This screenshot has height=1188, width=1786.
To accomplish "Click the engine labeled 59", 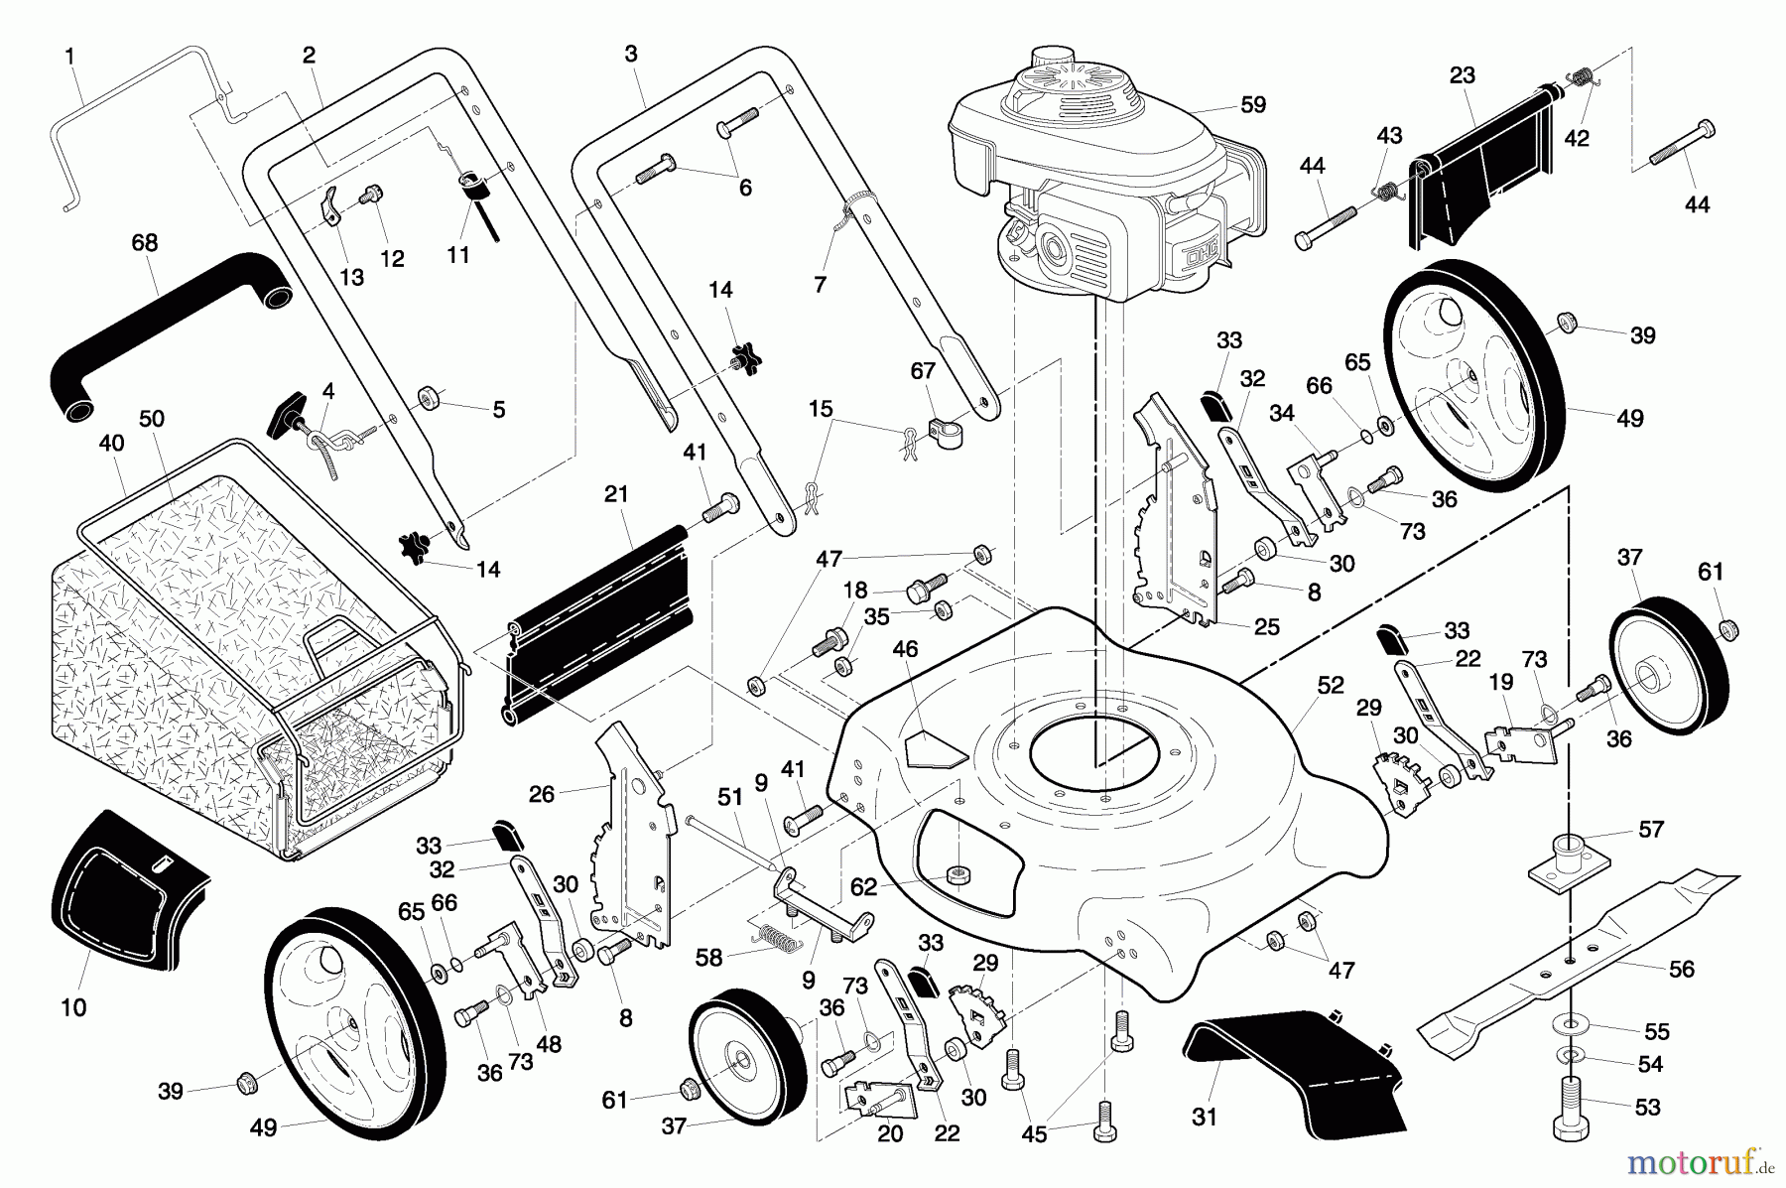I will (1101, 179).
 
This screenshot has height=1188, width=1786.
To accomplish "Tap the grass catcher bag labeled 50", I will (238, 635).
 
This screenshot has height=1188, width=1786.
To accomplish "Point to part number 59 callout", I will (1254, 104).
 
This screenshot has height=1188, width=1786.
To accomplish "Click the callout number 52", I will (1331, 685).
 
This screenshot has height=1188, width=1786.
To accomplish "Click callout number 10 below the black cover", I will (73, 1007).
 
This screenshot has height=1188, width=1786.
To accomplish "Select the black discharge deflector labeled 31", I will (1290, 1062).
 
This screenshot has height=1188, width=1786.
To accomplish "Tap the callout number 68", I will (145, 243).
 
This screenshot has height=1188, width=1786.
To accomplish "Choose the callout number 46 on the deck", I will (905, 649).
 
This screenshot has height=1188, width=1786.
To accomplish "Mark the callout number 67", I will (923, 370).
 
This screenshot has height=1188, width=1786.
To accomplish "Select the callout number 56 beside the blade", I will (1682, 969).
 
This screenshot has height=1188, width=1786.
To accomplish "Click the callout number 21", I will (617, 494).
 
